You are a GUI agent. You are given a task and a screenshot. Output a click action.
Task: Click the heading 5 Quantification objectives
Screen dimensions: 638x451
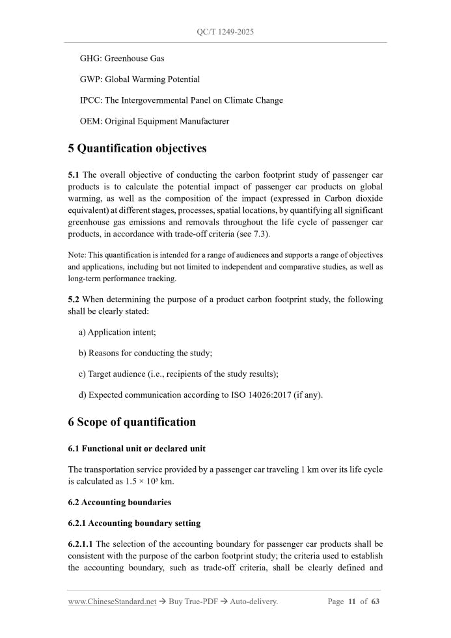[137, 148]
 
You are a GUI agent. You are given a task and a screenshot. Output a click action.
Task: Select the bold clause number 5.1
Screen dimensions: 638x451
[74, 175]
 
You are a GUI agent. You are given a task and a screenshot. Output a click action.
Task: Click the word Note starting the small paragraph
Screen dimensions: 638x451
[76, 255]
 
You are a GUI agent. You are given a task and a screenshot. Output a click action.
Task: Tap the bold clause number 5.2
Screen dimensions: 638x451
[74, 299]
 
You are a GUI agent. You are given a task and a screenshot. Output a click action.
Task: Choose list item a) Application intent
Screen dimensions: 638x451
[118, 333]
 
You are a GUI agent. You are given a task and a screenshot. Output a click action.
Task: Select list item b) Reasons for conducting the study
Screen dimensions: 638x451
[146, 354]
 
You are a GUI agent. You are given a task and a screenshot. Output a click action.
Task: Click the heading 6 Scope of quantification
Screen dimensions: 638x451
[131, 422]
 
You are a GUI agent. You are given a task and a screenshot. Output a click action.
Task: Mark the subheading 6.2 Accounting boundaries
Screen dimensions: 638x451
[120, 503]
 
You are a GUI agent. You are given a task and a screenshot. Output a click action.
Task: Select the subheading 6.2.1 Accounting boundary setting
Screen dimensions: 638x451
[134, 523]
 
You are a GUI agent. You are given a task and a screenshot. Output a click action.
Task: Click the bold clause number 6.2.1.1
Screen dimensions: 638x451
[80, 544]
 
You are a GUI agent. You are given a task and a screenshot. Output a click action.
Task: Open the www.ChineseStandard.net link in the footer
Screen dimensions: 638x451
[112, 602]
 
